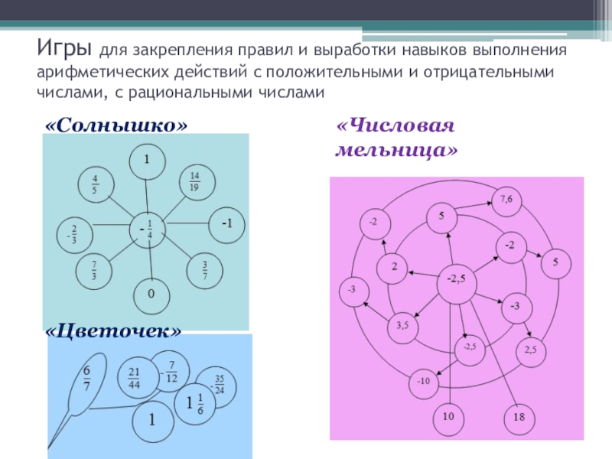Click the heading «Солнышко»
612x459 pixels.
click(x=116, y=124)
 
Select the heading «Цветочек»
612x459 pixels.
click(x=114, y=330)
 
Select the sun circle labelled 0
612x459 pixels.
click(x=151, y=294)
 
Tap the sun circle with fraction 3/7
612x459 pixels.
click(x=205, y=269)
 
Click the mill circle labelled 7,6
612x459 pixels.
click(x=506, y=201)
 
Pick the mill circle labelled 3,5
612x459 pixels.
click(x=402, y=326)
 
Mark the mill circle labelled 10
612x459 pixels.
click(x=448, y=416)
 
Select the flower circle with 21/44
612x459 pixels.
click(x=134, y=375)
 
